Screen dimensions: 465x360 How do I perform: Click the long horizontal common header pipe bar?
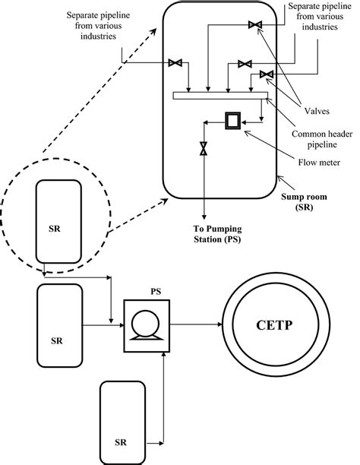(x=220, y=95)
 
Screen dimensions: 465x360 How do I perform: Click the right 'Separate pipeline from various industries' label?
(x=314, y=17)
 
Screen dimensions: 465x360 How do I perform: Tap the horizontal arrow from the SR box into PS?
(x=99, y=328)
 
